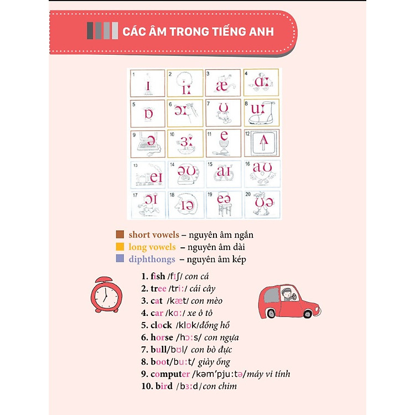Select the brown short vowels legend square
(x=120, y=235)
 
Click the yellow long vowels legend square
(x=120, y=247)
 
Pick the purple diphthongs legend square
(x=120, y=259)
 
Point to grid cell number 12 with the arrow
(x=262, y=143)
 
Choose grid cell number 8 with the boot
(x=262, y=113)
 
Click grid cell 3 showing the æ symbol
(x=224, y=83)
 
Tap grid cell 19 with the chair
(x=224, y=204)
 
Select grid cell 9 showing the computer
(x=148, y=143)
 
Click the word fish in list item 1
(x=158, y=276)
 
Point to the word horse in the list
(x=162, y=337)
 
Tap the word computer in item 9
(x=170, y=373)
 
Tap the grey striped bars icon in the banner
(x=102, y=30)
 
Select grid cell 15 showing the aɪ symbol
(x=224, y=174)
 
